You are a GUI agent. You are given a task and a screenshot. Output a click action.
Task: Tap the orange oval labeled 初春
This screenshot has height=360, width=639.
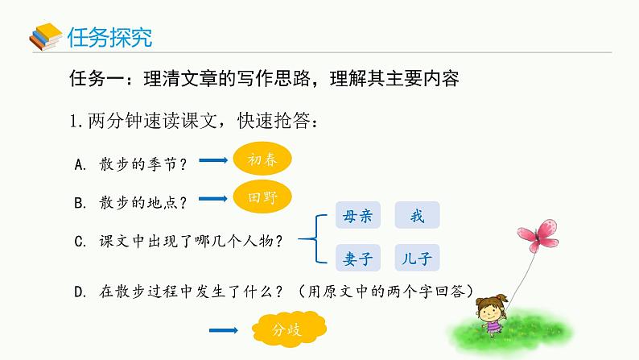261,159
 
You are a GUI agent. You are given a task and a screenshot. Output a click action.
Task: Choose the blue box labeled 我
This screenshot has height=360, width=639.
417,216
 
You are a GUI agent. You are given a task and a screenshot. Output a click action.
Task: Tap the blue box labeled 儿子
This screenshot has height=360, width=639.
417,259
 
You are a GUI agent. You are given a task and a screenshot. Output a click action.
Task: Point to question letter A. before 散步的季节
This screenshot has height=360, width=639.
80,164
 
